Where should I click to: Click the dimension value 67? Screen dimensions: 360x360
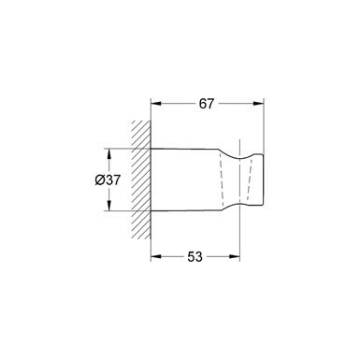point(207,104)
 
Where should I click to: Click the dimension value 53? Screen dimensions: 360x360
point(194,257)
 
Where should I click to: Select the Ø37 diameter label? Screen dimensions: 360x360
point(108,180)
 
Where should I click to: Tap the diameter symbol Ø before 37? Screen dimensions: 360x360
point(100,180)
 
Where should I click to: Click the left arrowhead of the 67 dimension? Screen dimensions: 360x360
point(156,104)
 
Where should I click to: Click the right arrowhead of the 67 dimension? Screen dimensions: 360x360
point(259,104)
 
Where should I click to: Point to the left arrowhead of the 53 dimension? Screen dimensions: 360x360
point(156,256)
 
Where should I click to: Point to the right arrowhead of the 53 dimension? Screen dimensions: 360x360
point(235,256)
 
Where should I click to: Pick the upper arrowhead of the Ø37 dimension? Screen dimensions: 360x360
point(108,153)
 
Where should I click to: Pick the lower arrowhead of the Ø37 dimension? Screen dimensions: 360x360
point(108,206)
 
